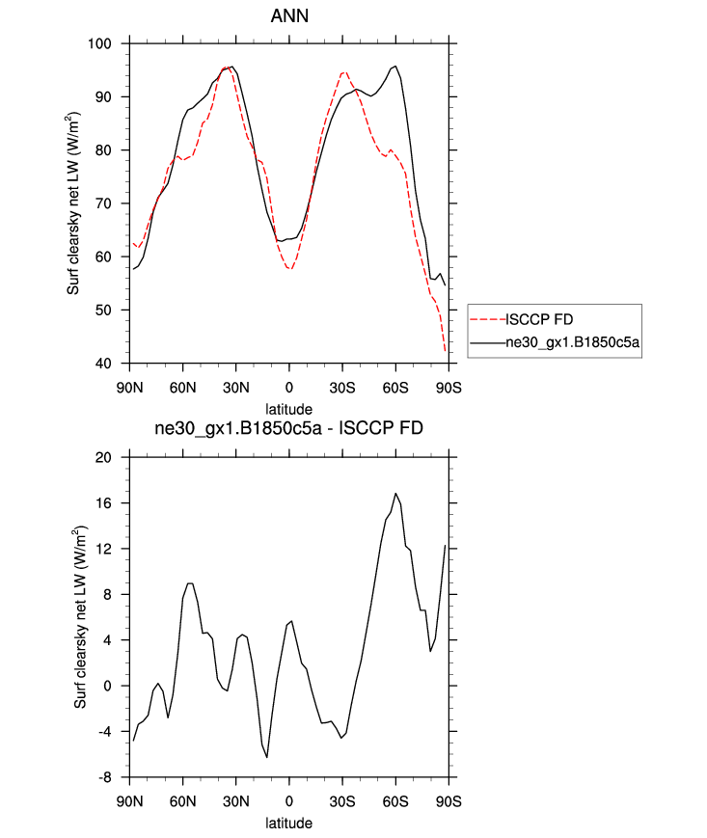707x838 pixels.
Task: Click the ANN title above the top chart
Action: tap(288, 16)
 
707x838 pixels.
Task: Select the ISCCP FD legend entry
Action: tap(544, 318)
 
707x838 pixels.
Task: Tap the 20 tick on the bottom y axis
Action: tap(117, 457)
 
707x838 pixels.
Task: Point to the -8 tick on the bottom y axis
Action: tap(117, 777)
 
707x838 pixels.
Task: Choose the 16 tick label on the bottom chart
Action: tap(117, 503)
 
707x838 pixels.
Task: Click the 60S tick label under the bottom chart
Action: tap(395, 801)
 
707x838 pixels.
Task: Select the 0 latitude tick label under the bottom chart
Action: tap(288, 801)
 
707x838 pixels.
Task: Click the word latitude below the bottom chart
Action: tap(288, 824)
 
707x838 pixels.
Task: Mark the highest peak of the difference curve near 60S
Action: tap(395, 494)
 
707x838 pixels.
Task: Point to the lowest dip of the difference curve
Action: tap(267, 757)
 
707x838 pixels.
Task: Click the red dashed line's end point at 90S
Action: tap(446, 352)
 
